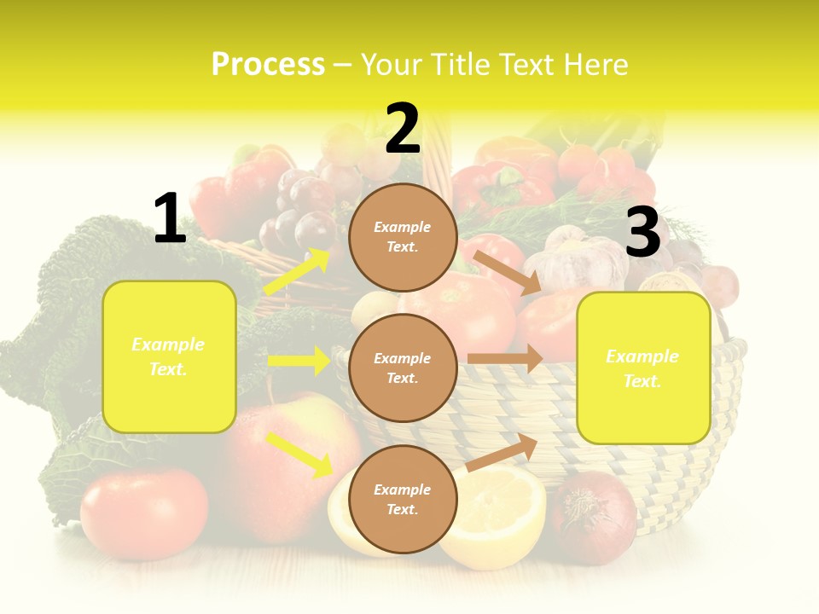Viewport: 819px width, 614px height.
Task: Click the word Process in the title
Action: point(268,65)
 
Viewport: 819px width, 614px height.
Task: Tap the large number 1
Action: point(170,219)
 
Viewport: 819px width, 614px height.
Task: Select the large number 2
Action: point(403,129)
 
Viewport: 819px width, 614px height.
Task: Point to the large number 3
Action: point(642,232)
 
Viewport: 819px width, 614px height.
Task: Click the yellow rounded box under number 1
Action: point(169,356)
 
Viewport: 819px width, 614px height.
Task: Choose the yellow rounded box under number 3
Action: point(643,368)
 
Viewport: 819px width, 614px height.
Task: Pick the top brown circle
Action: point(403,237)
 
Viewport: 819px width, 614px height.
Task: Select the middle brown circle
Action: point(403,368)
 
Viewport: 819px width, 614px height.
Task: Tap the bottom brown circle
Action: point(403,499)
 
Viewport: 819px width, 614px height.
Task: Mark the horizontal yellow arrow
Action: point(299,361)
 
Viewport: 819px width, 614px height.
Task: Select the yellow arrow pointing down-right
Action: point(299,455)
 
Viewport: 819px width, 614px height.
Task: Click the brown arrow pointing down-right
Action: point(508,272)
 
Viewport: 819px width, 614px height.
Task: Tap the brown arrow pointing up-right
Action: point(502,452)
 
